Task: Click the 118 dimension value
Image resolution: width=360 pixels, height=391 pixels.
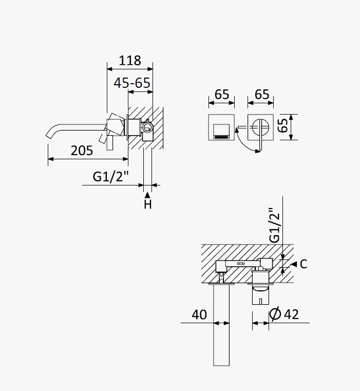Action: pos(129,61)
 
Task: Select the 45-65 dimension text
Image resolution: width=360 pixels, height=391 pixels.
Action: pos(132,83)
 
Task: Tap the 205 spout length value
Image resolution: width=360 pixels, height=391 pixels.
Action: pos(82,151)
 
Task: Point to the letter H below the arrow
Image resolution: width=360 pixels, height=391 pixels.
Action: pos(148,204)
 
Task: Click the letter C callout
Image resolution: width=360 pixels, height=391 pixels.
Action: pos(304,264)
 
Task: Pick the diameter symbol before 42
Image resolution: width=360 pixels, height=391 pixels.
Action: pos(275,314)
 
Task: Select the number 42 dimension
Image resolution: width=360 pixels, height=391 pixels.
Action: pos(291,314)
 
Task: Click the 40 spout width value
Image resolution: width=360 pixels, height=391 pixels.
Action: pos(199,314)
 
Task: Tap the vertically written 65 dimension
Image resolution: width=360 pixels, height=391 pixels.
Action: pos(283,125)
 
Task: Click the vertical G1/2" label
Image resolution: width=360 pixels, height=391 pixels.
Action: pos(274,225)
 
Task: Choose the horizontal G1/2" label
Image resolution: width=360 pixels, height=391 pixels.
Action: pos(111,177)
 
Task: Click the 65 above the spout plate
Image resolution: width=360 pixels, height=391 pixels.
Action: pos(222,95)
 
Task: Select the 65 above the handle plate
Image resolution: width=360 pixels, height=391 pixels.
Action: pos(262,95)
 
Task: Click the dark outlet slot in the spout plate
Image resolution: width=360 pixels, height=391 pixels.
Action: pos(222,137)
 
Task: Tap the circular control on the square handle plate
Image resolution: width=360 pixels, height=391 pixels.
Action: pos(260,127)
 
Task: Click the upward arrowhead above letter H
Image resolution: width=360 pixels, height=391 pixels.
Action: pos(147,195)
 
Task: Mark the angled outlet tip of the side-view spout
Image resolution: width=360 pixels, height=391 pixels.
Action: pos(48,136)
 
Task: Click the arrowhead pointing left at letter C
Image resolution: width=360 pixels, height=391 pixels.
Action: pos(294,264)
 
